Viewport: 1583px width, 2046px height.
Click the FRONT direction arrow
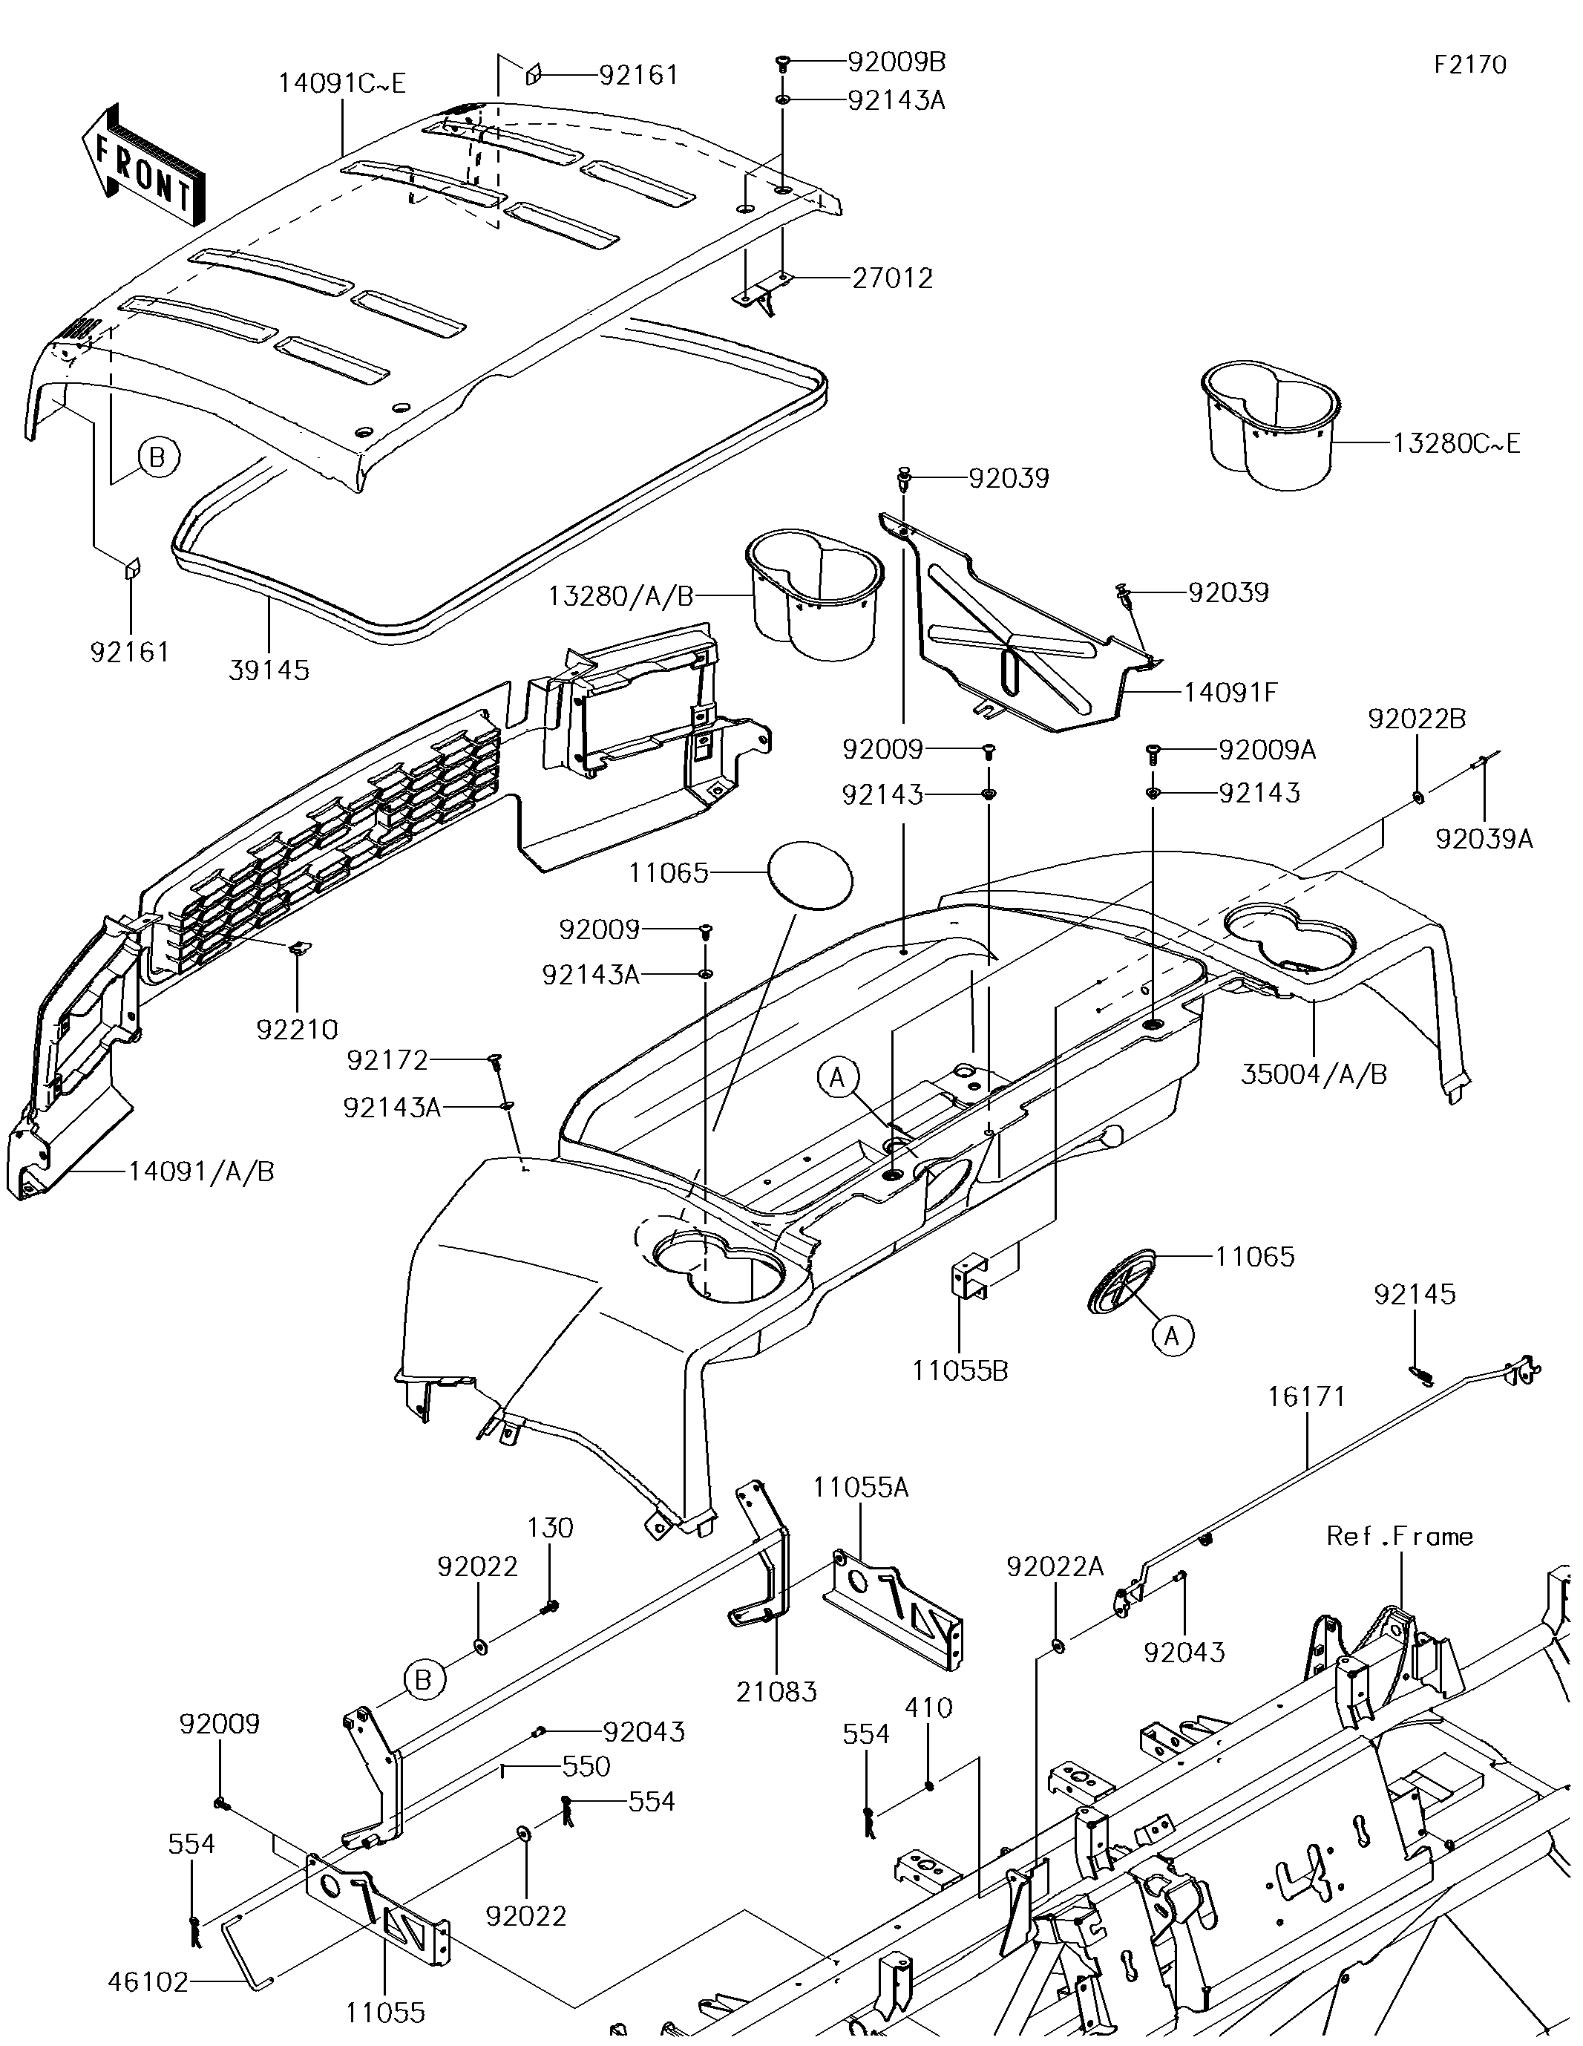coord(143,165)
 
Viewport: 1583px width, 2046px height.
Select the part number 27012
coord(892,278)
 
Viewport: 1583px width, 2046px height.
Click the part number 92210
coord(297,1030)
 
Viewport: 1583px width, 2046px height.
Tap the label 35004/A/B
coord(1314,1074)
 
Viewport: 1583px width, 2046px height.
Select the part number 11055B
coord(960,1370)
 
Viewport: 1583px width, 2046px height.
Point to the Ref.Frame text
coord(1400,1537)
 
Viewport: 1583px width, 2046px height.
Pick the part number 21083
coord(776,1691)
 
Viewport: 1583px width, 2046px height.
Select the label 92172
coord(387,1060)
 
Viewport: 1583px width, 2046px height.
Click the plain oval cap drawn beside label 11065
coord(811,874)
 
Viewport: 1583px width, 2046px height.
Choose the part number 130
coord(550,1528)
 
